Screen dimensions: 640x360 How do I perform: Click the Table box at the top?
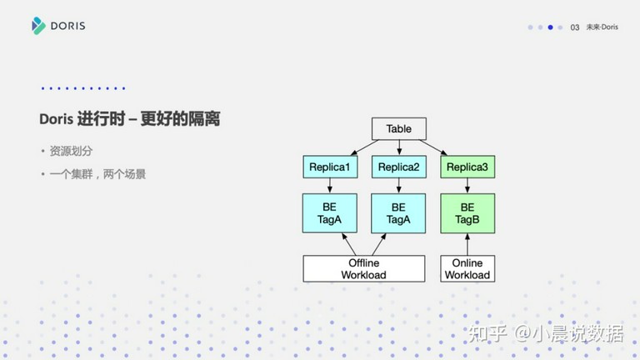tap(399, 128)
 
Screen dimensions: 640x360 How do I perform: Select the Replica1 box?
tap(330, 167)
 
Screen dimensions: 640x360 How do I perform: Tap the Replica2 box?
tap(399, 167)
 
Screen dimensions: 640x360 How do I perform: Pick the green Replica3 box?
tap(467, 167)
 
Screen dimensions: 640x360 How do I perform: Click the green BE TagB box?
tap(467, 213)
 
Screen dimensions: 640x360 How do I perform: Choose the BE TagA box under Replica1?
tap(330, 213)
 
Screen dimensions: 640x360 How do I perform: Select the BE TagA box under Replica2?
tap(398, 213)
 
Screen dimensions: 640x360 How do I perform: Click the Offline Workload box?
tap(363, 268)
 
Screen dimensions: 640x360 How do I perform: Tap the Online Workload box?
tap(467, 268)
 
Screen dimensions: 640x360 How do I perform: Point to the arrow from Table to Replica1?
tap(365, 147)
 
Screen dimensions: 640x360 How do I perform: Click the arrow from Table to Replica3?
tap(432, 147)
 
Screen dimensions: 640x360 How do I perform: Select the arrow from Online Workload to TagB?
tap(467, 244)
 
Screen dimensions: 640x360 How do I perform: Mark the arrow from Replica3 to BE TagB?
tap(467, 186)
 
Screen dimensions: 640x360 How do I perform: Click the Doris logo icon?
tap(38, 26)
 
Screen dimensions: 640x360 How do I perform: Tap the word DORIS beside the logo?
tap(67, 26)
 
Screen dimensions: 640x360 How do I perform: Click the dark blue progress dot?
tap(550, 27)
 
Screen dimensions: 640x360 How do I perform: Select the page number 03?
tap(575, 27)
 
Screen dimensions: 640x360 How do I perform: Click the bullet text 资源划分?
tap(71, 151)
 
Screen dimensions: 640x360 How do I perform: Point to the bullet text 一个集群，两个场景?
tap(97, 174)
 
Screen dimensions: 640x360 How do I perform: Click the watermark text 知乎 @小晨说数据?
tap(545, 333)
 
